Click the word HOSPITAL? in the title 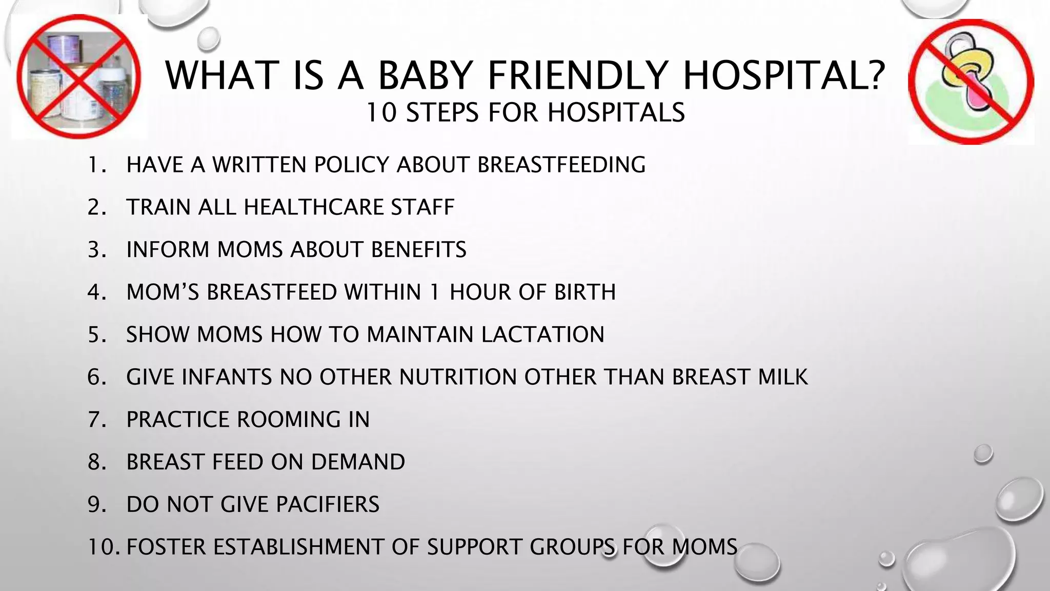[784, 75]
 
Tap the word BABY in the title [423, 75]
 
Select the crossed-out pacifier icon [971, 82]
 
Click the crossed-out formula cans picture [78, 77]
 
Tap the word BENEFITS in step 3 [418, 250]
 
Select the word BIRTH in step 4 [584, 292]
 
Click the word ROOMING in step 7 [288, 420]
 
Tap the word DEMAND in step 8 [358, 462]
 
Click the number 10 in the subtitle [381, 112]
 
